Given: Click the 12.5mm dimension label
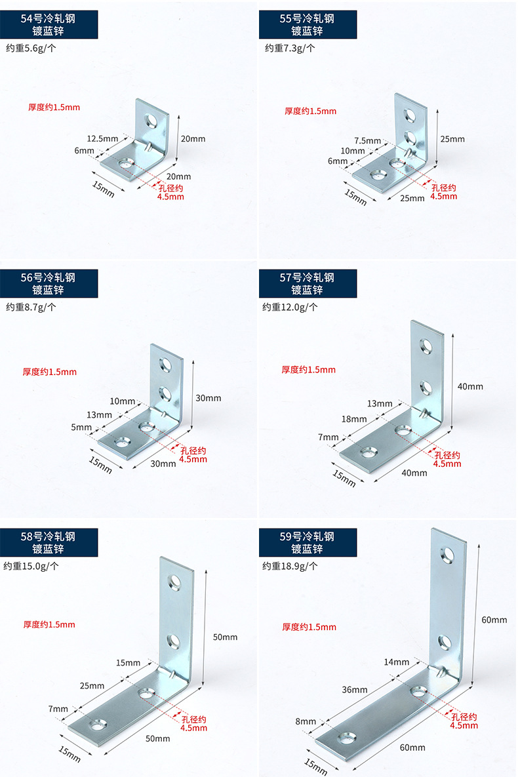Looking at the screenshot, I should click(x=102, y=138).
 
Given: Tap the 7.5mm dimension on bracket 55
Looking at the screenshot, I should click(x=367, y=140).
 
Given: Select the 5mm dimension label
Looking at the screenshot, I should click(x=82, y=427).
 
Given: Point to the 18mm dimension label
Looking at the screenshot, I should click(x=354, y=419).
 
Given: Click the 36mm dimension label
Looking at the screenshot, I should click(x=355, y=689).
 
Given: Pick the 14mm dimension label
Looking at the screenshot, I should click(x=397, y=662).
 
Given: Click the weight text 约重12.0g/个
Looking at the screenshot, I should click(x=290, y=307).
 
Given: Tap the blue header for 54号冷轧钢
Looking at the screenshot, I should click(x=49, y=24).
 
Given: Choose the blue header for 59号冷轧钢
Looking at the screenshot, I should click(x=308, y=542).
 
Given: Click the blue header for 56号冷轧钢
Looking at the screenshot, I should click(x=49, y=283).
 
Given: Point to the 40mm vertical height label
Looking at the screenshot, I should click(x=470, y=386).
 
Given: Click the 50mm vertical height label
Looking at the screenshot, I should click(x=226, y=637).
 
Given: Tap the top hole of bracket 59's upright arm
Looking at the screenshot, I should click(x=448, y=556).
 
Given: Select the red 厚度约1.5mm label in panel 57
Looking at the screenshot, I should click(x=308, y=370).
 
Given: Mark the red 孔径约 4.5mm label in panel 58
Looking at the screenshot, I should click(x=193, y=723).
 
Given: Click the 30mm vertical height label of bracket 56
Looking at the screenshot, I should click(x=209, y=398).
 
